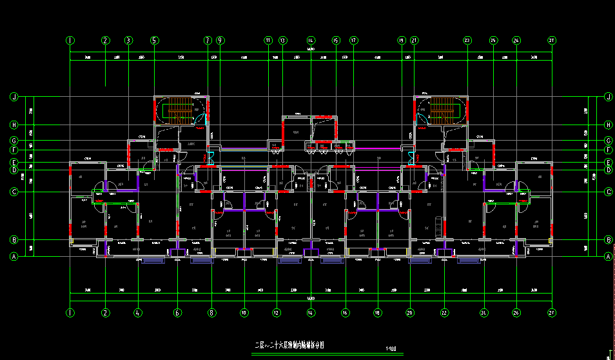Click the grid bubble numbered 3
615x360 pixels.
point(128,40)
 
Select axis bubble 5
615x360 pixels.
point(154,40)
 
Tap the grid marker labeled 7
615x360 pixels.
point(208,40)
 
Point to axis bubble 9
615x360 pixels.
point(220,40)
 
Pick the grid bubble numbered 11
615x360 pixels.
point(268,40)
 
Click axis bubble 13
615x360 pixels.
point(282,40)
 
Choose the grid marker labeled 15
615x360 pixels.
point(336,40)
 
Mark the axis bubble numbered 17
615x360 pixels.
point(353,40)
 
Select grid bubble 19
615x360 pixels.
point(401,40)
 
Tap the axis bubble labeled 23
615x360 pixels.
point(467,40)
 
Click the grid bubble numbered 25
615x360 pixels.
point(493,40)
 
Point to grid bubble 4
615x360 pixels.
point(138,313)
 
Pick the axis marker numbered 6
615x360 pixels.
point(178,313)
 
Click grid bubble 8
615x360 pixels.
point(211,313)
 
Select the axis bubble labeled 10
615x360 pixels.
point(244,313)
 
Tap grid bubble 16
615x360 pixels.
point(346,313)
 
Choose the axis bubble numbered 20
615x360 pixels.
point(409,313)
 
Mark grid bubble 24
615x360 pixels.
point(483,313)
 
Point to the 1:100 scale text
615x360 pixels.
point(391,349)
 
